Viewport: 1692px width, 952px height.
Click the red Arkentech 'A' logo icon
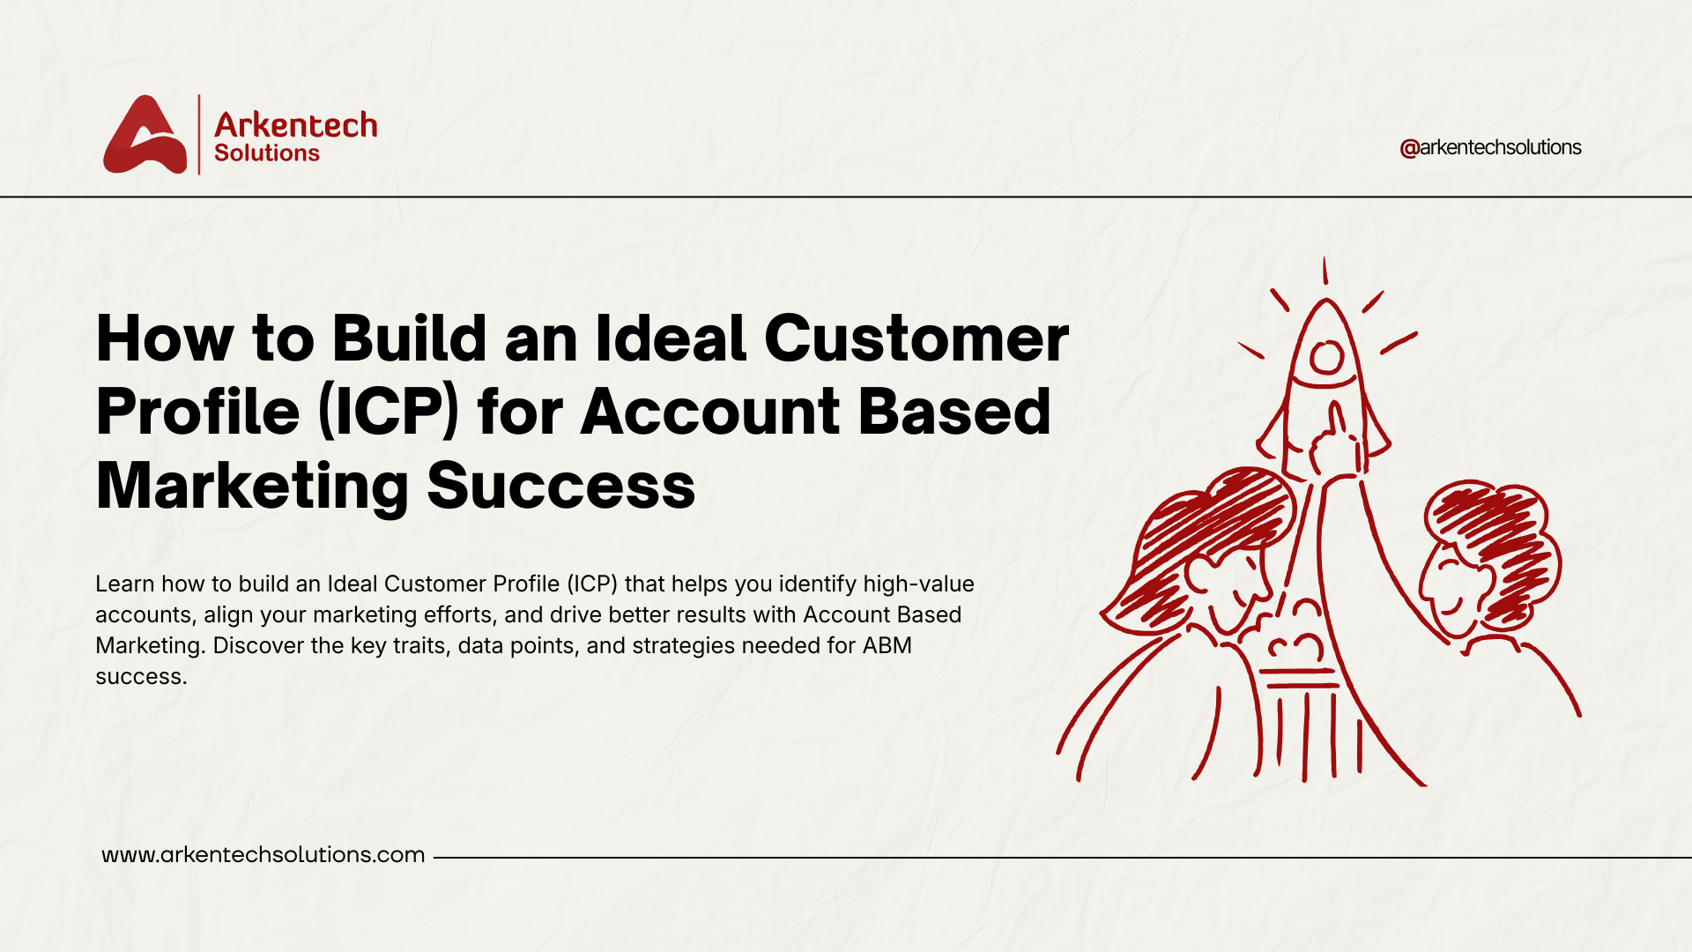pos(145,136)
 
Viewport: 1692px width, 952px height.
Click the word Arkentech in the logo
pos(295,125)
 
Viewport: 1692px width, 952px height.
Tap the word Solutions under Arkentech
pos(266,153)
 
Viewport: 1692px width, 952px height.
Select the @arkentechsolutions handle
pos(1490,147)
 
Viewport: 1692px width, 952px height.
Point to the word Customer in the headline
pos(916,338)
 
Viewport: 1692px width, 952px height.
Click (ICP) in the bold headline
pos(388,412)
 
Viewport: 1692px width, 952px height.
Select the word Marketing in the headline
pos(252,486)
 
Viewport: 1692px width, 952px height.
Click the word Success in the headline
pos(561,486)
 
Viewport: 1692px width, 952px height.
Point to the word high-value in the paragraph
pos(918,584)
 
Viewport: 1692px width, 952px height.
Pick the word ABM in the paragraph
pos(887,646)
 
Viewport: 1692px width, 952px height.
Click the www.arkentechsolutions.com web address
pos(263,855)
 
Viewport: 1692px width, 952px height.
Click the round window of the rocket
pos(1325,357)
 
